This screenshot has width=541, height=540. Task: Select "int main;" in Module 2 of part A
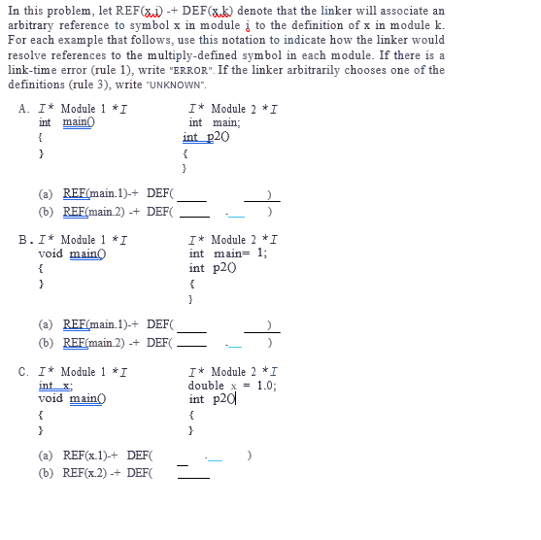click(x=214, y=122)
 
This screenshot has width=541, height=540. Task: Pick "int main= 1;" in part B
click(x=228, y=253)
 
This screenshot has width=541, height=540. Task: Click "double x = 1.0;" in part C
click(x=232, y=386)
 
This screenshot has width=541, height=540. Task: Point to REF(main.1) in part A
click(x=94, y=193)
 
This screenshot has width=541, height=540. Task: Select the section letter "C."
click(x=24, y=372)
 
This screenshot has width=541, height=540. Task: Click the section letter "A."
click(x=24, y=109)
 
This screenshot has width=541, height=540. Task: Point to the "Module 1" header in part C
click(x=82, y=372)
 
